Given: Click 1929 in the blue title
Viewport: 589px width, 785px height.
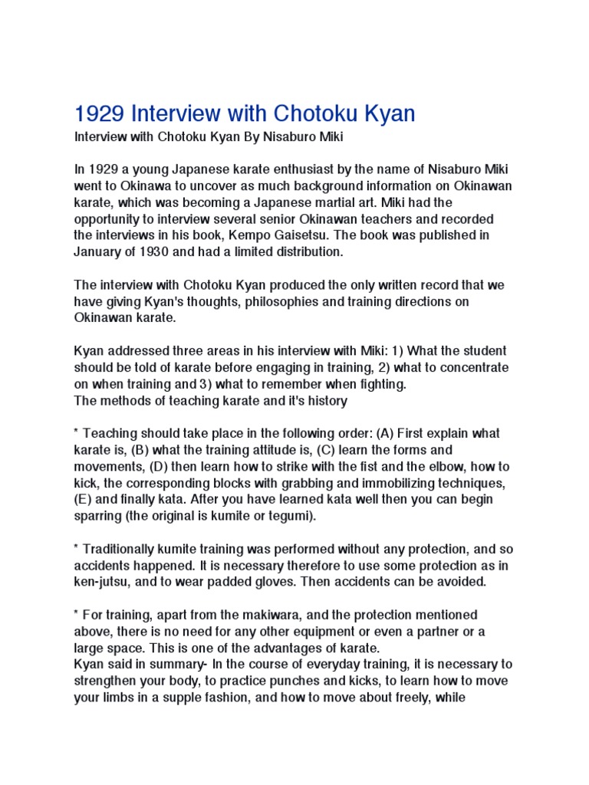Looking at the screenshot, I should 100,114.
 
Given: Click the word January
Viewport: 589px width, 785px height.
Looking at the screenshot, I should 102,251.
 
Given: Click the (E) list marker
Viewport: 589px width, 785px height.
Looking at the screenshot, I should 85,500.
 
